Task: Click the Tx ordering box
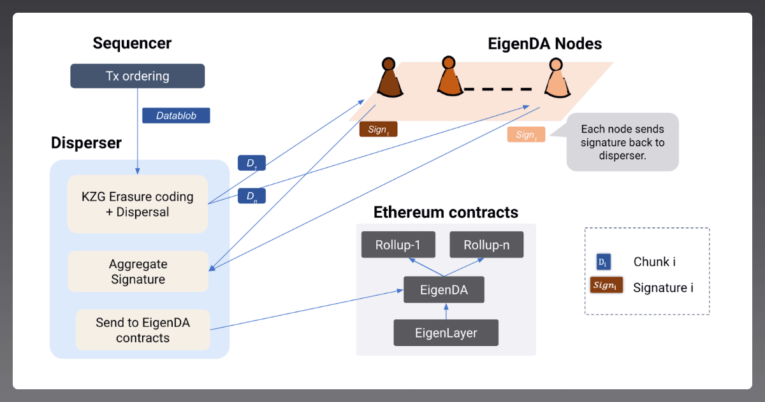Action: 137,76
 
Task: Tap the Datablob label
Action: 176,115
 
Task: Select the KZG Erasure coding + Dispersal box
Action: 138,204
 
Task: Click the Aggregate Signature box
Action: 138,271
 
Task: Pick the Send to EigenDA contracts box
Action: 143,330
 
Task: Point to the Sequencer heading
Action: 132,43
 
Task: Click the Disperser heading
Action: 86,143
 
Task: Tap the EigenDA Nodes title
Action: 544,43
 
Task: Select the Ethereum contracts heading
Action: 446,212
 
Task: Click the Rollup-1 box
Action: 397,245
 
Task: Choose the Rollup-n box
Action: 486,245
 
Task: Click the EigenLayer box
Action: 446,332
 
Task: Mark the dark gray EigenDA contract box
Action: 444,290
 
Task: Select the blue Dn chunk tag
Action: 251,196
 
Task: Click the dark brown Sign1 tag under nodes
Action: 378,129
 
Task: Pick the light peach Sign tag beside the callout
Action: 526,134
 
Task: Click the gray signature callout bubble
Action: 622,142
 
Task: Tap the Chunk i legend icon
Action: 603,262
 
